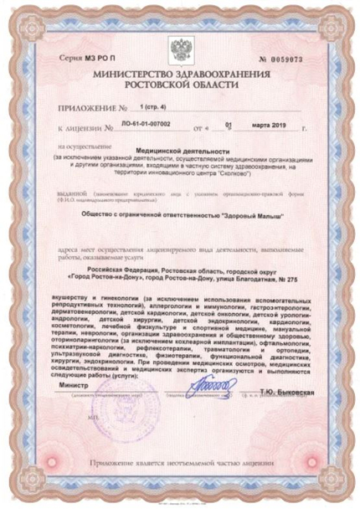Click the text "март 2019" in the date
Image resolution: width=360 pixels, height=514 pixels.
[x=266, y=129]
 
